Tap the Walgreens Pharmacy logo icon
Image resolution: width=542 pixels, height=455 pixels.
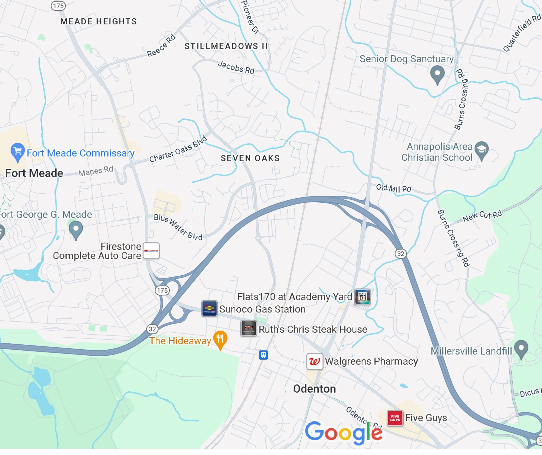point(315,361)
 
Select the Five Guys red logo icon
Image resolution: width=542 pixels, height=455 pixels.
point(395,418)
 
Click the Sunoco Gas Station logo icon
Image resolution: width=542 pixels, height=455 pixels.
point(209,308)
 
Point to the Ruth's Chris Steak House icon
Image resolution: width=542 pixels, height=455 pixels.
point(249,328)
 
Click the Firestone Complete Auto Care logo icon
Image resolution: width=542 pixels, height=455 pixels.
point(151,251)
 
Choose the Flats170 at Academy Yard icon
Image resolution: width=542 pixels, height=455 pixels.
point(362,297)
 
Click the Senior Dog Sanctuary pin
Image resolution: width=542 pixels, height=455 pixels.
point(437,74)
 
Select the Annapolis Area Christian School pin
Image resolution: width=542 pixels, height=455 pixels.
point(482,150)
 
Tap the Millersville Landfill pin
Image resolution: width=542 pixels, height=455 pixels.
point(521,349)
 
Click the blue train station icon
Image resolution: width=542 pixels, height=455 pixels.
point(263,355)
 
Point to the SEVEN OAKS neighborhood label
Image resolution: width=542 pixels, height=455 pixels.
point(250,158)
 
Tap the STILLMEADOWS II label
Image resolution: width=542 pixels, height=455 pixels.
point(226,46)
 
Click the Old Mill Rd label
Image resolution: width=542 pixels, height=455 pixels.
point(393,188)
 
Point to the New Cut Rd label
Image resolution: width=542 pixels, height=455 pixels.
point(482,216)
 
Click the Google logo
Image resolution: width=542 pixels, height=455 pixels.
point(344,433)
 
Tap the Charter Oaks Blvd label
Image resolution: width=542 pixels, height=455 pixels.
point(178,149)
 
